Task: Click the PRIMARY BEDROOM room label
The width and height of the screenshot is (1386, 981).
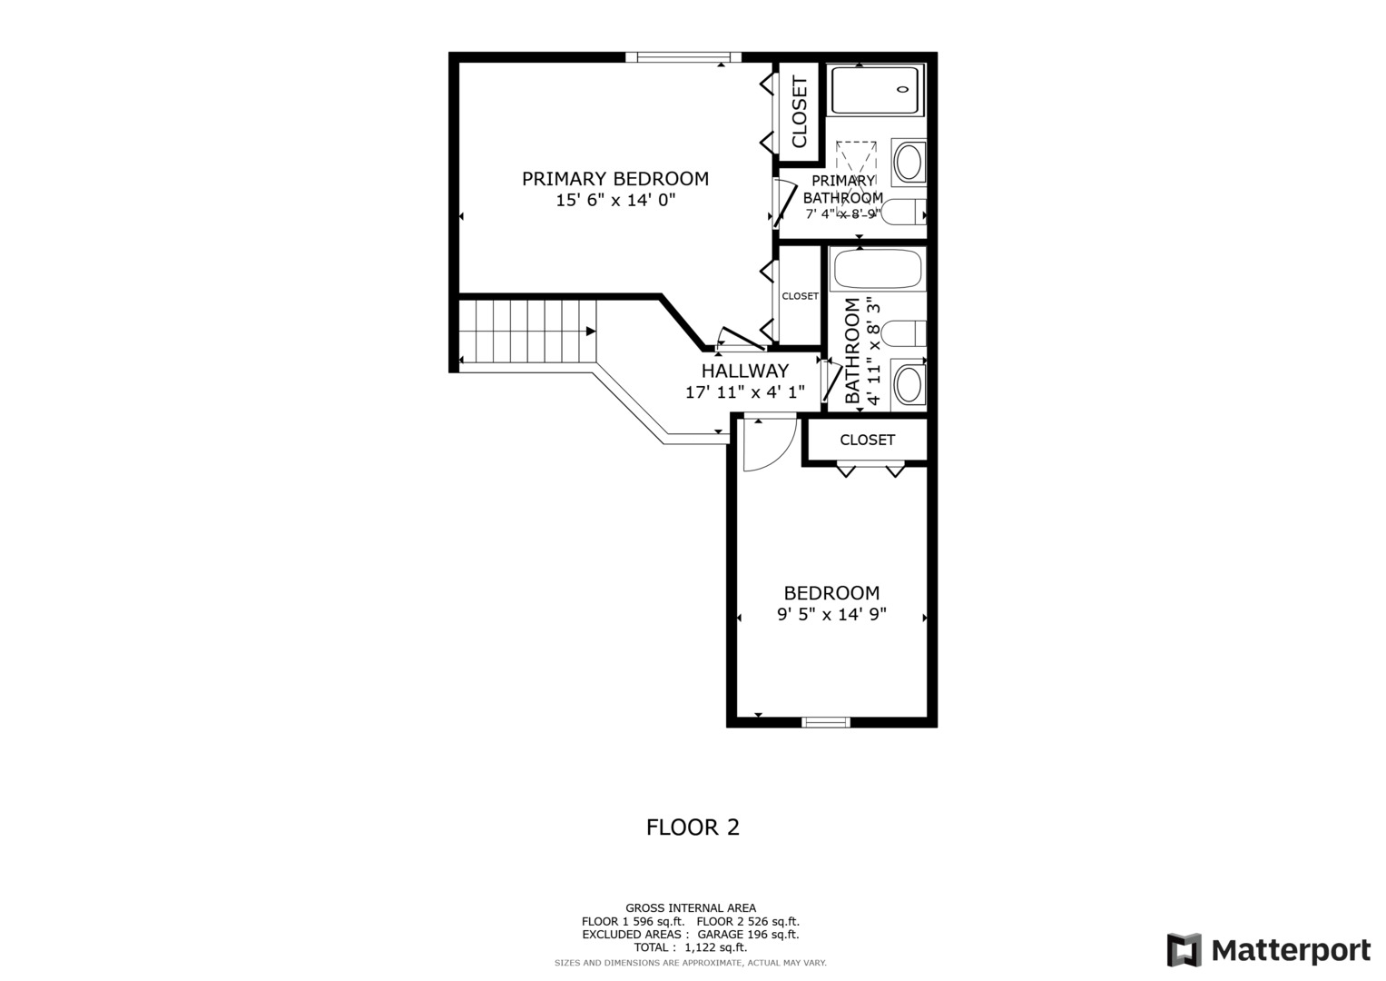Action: coord(614,179)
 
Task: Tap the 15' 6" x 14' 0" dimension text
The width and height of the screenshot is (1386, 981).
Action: coord(615,201)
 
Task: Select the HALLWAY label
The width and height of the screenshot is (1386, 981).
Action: coord(744,371)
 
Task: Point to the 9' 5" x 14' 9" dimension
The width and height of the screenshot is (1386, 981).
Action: coord(831,615)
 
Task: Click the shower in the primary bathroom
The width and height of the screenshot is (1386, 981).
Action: coord(877,90)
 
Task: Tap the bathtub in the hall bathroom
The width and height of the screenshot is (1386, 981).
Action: coord(877,269)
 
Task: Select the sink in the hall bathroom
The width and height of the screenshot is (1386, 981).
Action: coord(908,385)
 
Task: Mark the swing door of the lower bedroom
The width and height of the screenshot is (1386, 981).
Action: coord(768,443)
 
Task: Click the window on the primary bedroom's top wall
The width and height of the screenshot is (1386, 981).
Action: coord(683,57)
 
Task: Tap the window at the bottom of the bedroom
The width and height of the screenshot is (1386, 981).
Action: coord(826,722)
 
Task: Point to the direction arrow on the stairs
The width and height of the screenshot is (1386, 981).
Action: coord(590,331)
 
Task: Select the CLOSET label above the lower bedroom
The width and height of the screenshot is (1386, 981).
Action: coord(867,440)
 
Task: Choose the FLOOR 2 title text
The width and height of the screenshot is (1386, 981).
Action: coord(693,827)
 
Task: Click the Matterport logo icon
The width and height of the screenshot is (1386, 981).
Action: coord(1184,950)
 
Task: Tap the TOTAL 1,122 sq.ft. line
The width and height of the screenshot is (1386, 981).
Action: coord(690,947)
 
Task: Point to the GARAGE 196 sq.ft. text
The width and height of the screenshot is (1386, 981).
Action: coord(747,934)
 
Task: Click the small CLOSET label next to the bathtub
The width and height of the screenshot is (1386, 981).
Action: coord(800,296)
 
